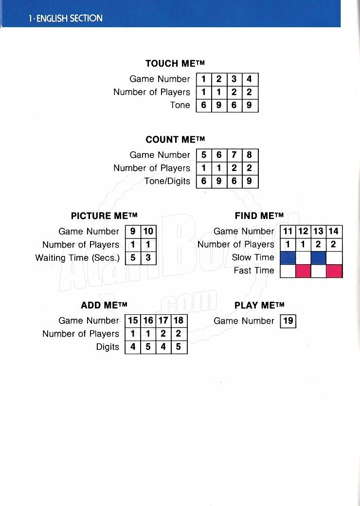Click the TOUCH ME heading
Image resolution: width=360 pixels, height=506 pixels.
coord(175,63)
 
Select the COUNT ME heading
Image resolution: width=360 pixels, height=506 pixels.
coord(175,140)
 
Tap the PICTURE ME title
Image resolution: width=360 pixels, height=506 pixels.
coord(104,216)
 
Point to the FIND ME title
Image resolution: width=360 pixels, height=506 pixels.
coord(259,216)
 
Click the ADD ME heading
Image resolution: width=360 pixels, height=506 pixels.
coord(104,305)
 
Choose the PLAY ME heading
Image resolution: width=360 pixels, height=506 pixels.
coord(259,305)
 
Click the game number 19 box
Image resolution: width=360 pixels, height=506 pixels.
coord(288,321)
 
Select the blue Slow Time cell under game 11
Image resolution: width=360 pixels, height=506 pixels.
coord(288,258)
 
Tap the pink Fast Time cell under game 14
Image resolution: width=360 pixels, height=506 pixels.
coord(334,271)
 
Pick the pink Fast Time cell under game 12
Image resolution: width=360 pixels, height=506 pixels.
coord(303,271)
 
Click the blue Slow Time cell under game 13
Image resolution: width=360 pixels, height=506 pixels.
coord(318,258)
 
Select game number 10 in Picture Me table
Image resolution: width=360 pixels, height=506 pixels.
coord(148,232)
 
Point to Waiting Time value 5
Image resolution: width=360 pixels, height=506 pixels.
coord(133,258)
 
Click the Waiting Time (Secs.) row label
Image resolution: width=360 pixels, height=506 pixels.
coord(77,258)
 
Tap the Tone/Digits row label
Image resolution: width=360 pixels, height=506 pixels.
coord(167,181)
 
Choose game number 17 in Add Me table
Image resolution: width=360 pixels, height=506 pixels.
coord(163,321)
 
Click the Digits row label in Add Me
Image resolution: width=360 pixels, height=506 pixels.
coord(108,347)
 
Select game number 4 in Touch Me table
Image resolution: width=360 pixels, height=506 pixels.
coord(250,79)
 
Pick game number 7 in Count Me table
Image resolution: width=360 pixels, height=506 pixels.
coord(234,155)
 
